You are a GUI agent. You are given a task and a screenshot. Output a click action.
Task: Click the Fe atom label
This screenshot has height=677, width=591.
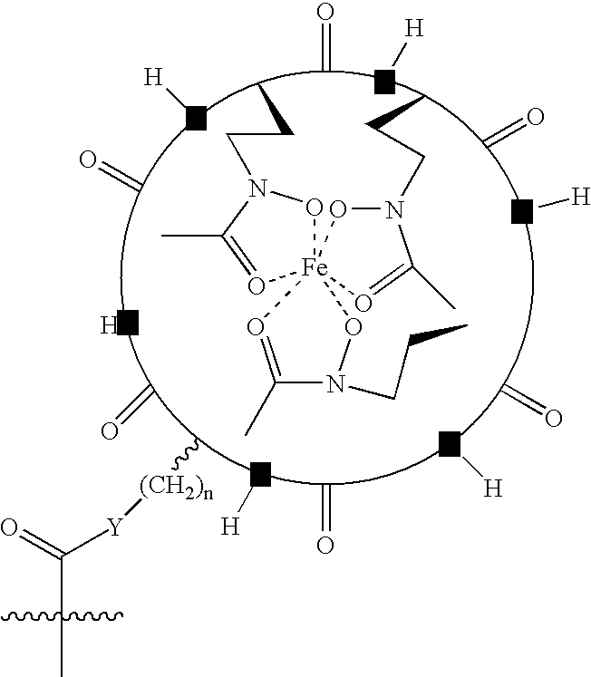point(315,267)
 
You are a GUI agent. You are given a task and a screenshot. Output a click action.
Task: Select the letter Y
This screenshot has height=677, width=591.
point(115,527)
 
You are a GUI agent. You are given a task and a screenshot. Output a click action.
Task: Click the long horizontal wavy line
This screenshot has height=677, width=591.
point(62,615)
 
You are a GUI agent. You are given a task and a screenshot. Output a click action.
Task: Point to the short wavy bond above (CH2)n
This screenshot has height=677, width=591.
point(186,454)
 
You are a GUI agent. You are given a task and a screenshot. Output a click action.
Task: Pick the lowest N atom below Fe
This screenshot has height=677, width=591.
point(335,383)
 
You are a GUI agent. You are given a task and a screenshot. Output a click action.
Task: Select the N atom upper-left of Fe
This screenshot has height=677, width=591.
point(257,189)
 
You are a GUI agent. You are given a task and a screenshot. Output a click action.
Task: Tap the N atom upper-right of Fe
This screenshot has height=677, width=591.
point(393,210)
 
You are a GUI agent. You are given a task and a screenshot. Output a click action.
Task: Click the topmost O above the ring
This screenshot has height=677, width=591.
point(325,12)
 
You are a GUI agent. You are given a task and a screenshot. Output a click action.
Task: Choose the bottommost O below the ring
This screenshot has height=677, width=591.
point(325,545)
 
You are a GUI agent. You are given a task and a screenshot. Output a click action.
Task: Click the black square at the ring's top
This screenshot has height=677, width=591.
point(384,82)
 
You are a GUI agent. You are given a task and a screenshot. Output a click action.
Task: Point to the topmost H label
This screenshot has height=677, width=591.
point(414,28)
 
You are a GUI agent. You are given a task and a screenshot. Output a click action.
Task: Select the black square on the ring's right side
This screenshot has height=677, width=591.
point(522,211)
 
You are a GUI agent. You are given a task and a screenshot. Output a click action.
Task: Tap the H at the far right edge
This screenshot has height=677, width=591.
point(581,197)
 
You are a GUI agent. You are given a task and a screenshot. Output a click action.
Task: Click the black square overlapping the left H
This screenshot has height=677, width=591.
point(128,323)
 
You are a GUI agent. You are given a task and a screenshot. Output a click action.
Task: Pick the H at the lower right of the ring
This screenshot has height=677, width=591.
point(492,488)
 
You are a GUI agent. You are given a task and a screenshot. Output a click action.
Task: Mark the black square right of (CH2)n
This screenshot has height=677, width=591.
point(261,474)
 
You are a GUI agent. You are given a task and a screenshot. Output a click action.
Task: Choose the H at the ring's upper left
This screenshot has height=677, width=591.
point(153,78)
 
